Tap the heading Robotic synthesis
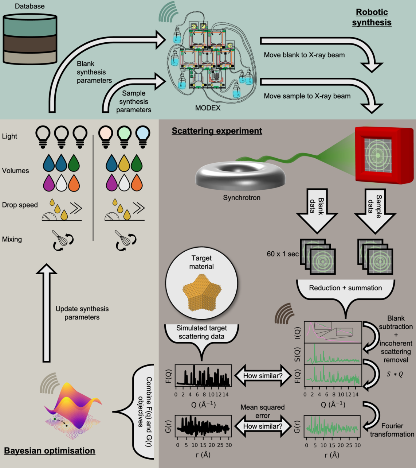372,17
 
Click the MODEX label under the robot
208,108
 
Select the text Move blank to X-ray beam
304,55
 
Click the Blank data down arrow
317,210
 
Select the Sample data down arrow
374,210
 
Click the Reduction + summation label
345,288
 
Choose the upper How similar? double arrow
263,376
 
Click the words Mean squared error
262,411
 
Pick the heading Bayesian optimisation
50,451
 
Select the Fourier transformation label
392,430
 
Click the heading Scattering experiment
217,131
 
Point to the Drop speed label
20,205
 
